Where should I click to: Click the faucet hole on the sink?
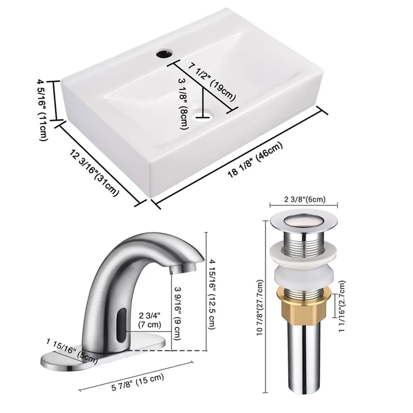coord(164,54)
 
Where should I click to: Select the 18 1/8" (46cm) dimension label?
coord(255,159)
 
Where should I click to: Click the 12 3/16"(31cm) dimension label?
coord(94,173)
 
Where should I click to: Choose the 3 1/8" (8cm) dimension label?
coord(184,104)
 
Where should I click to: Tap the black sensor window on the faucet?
coord(122,325)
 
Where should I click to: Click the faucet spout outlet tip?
coord(183,268)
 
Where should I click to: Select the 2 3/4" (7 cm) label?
coord(149,320)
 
